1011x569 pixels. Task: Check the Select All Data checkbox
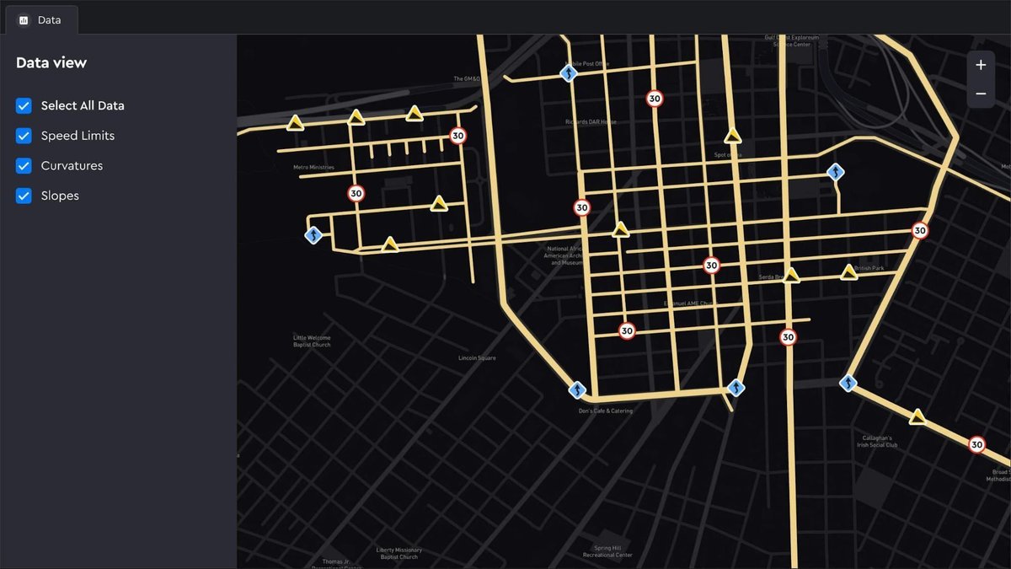click(24, 105)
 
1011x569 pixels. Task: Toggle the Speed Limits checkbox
click(24, 136)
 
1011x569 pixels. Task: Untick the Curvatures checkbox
click(24, 166)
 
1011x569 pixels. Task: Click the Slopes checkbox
click(24, 196)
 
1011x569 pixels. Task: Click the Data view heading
click(51, 62)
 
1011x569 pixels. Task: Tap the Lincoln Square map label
click(477, 358)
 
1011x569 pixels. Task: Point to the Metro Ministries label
click(313, 168)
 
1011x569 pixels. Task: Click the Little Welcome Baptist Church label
click(312, 341)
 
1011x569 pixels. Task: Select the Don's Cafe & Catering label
click(605, 411)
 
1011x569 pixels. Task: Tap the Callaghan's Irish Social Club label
click(880, 442)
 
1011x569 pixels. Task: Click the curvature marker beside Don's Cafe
click(577, 390)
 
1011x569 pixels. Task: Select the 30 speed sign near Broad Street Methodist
click(976, 444)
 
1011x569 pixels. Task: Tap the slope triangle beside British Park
click(848, 272)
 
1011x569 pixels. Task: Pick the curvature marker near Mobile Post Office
click(570, 74)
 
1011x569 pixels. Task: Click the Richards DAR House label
click(591, 122)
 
